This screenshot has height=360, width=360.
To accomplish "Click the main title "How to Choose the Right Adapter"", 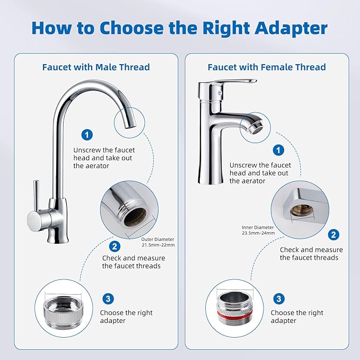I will (180, 28).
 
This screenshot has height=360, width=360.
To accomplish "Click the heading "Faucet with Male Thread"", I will (96, 67).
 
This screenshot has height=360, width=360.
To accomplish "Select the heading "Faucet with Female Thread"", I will (267, 67).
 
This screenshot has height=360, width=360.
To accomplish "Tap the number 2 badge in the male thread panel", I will (115, 246).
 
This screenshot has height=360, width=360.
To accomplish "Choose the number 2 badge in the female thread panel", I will (333, 234).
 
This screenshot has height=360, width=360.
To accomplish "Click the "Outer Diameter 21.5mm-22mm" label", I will (157, 242).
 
